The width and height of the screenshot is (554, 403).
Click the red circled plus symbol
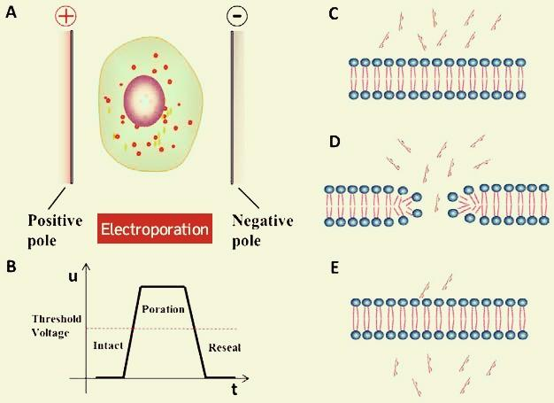pos(66,15)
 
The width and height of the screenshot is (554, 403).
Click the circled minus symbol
pos(236,15)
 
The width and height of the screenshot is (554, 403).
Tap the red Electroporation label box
pos(155,229)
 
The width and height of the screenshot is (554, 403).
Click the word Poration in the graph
pos(162,310)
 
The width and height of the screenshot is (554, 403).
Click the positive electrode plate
pos(68,106)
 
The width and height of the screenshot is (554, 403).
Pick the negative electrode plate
pos(233,106)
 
